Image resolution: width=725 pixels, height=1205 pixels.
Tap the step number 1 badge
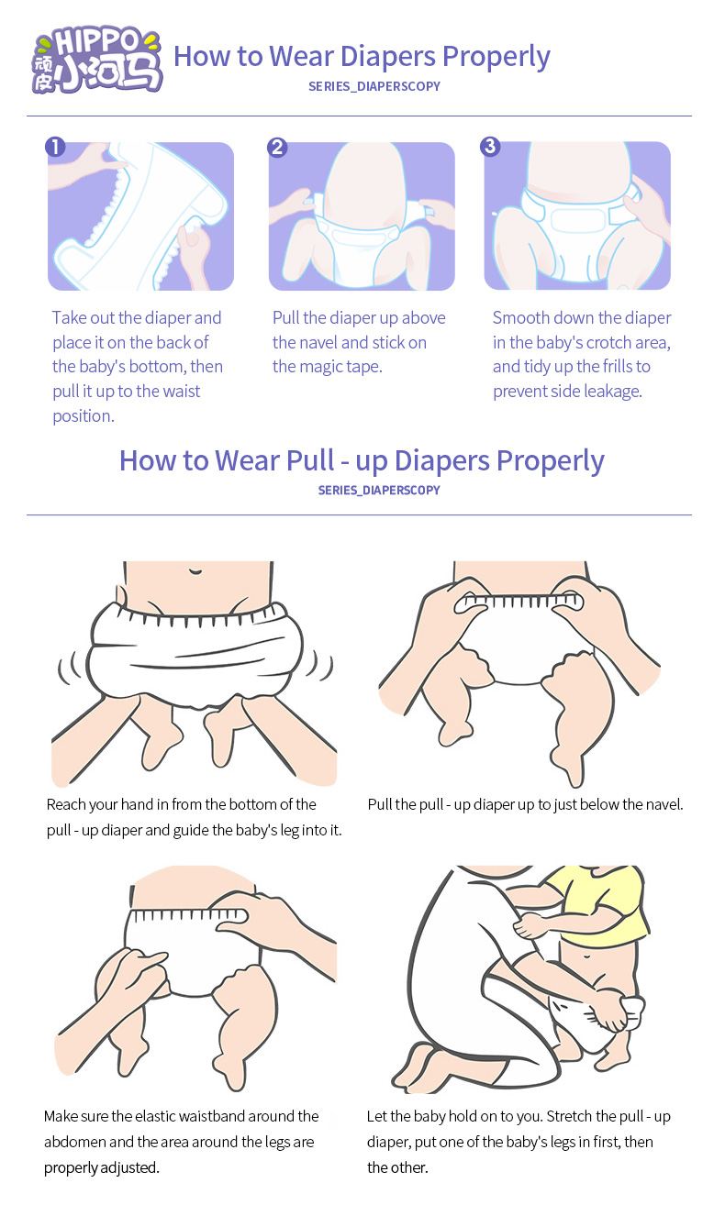pyautogui.click(x=55, y=147)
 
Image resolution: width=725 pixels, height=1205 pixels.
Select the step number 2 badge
pyautogui.click(x=277, y=147)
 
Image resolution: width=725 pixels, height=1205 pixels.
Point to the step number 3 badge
pyautogui.click(x=490, y=146)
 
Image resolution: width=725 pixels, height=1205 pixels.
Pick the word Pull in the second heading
pyautogui.click(x=309, y=459)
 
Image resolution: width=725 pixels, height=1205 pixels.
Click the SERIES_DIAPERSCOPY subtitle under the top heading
pyautogui.click(x=374, y=86)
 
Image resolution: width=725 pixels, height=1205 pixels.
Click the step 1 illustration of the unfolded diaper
pyautogui.click(x=140, y=216)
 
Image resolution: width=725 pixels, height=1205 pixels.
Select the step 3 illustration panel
pyautogui.click(x=577, y=216)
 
